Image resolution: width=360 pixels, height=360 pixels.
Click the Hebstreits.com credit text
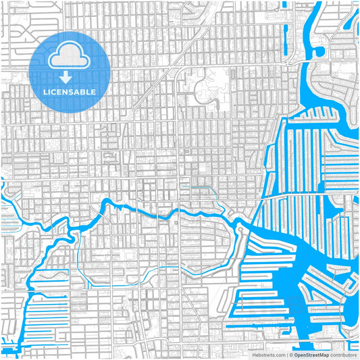269,354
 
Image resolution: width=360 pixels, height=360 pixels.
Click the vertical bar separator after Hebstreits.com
286,354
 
